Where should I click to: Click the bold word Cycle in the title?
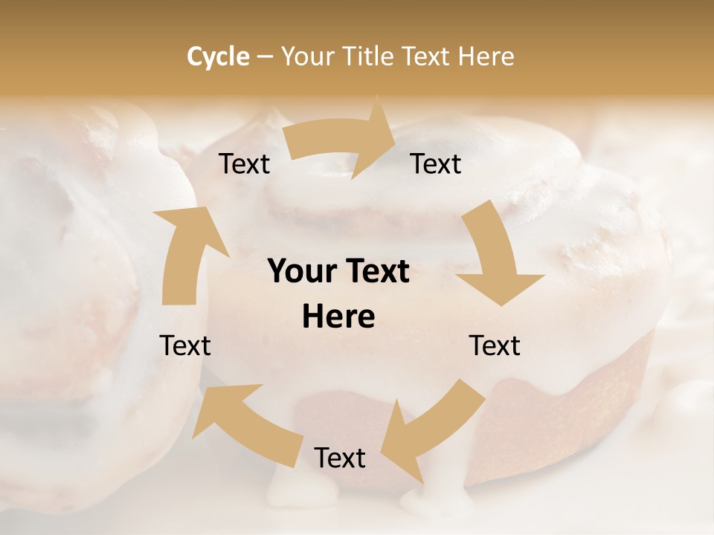(x=218, y=56)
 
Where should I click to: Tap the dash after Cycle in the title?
(x=265, y=56)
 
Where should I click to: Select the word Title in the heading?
(x=371, y=56)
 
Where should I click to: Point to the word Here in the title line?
(x=486, y=56)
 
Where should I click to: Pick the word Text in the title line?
(x=427, y=56)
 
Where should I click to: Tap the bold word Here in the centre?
(x=338, y=317)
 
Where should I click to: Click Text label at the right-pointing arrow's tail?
(x=244, y=164)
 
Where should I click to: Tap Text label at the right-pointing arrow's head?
(x=436, y=164)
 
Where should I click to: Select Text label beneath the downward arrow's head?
(x=495, y=346)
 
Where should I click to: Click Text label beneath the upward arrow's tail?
(x=185, y=346)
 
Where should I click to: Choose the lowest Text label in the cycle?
(x=340, y=458)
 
